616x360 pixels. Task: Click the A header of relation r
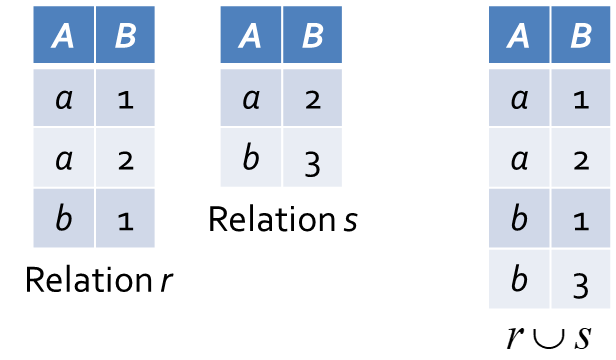pyautogui.click(x=64, y=35)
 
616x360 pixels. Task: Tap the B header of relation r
pyautogui.click(x=125, y=35)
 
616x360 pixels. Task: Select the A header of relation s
pyautogui.click(x=251, y=35)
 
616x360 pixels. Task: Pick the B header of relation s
pyautogui.click(x=312, y=35)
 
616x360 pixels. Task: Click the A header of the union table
pyautogui.click(x=519, y=35)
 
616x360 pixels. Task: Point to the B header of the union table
pyautogui.click(x=581, y=35)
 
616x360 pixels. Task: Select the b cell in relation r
pyautogui.click(x=64, y=218)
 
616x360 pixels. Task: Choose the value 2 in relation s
pyautogui.click(x=312, y=98)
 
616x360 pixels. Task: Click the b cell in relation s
pyautogui.click(x=251, y=157)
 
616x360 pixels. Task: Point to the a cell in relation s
pyautogui.click(x=251, y=98)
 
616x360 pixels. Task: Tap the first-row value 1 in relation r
pyautogui.click(x=125, y=98)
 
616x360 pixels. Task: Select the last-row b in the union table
pyautogui.click(x=519, y=279)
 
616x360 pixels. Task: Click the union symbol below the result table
pyautogui.click(x=549, y=340)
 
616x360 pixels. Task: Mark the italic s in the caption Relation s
pyautogui.click(x=350, y=221)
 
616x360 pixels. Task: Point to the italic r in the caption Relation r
pyautogui.click(x=167, y=281)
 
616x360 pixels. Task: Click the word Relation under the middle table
pyautogui.click(x=272, y=219)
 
